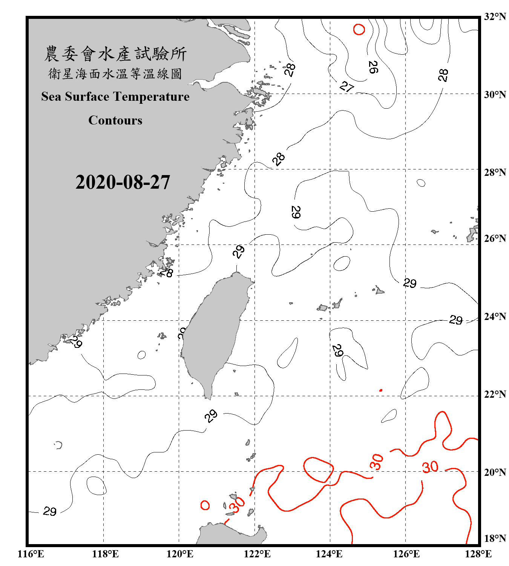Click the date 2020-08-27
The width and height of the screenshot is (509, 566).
123,182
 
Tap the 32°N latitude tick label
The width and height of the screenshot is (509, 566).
495,17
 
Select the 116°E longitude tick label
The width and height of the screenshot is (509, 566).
31,554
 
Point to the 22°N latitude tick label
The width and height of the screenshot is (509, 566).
495,394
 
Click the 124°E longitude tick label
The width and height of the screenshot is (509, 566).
329,554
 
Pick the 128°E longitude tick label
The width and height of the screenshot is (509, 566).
478,554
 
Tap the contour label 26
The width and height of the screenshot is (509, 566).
373,67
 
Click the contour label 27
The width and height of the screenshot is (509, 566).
346,87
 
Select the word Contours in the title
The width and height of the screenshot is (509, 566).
115,120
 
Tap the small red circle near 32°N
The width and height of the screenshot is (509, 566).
359,29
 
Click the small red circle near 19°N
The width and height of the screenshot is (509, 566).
205,505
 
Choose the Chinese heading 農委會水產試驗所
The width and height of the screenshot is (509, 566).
115,54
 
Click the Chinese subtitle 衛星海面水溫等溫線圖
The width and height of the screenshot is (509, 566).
115,74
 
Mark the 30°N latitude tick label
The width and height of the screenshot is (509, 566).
495,94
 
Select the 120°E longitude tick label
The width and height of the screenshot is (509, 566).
180,554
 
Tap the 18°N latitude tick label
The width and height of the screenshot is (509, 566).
495,538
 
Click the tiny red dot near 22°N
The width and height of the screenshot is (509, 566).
381,390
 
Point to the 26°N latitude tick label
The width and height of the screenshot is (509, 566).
495,238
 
